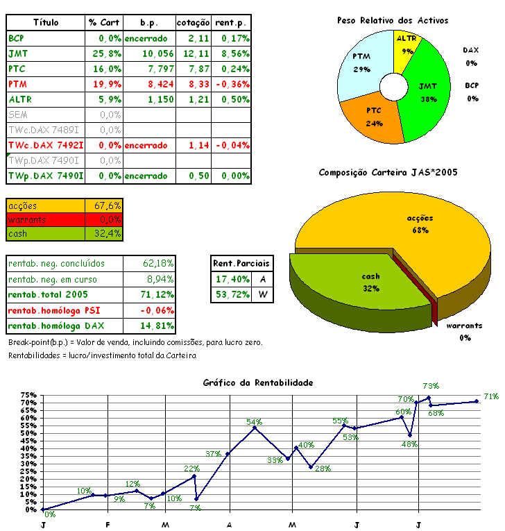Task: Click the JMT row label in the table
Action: [x=15, y=53]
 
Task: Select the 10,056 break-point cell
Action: [x=149, y=53]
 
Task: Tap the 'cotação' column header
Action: [x=193, y=22]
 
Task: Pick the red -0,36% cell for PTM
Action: [x=232, y=84]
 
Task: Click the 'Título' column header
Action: [x=46, y=22]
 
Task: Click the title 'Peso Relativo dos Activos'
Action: [x=393, y=20]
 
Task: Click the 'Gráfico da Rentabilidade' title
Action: [x=258, y=382]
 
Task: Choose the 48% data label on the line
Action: [x=409, y=444]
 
